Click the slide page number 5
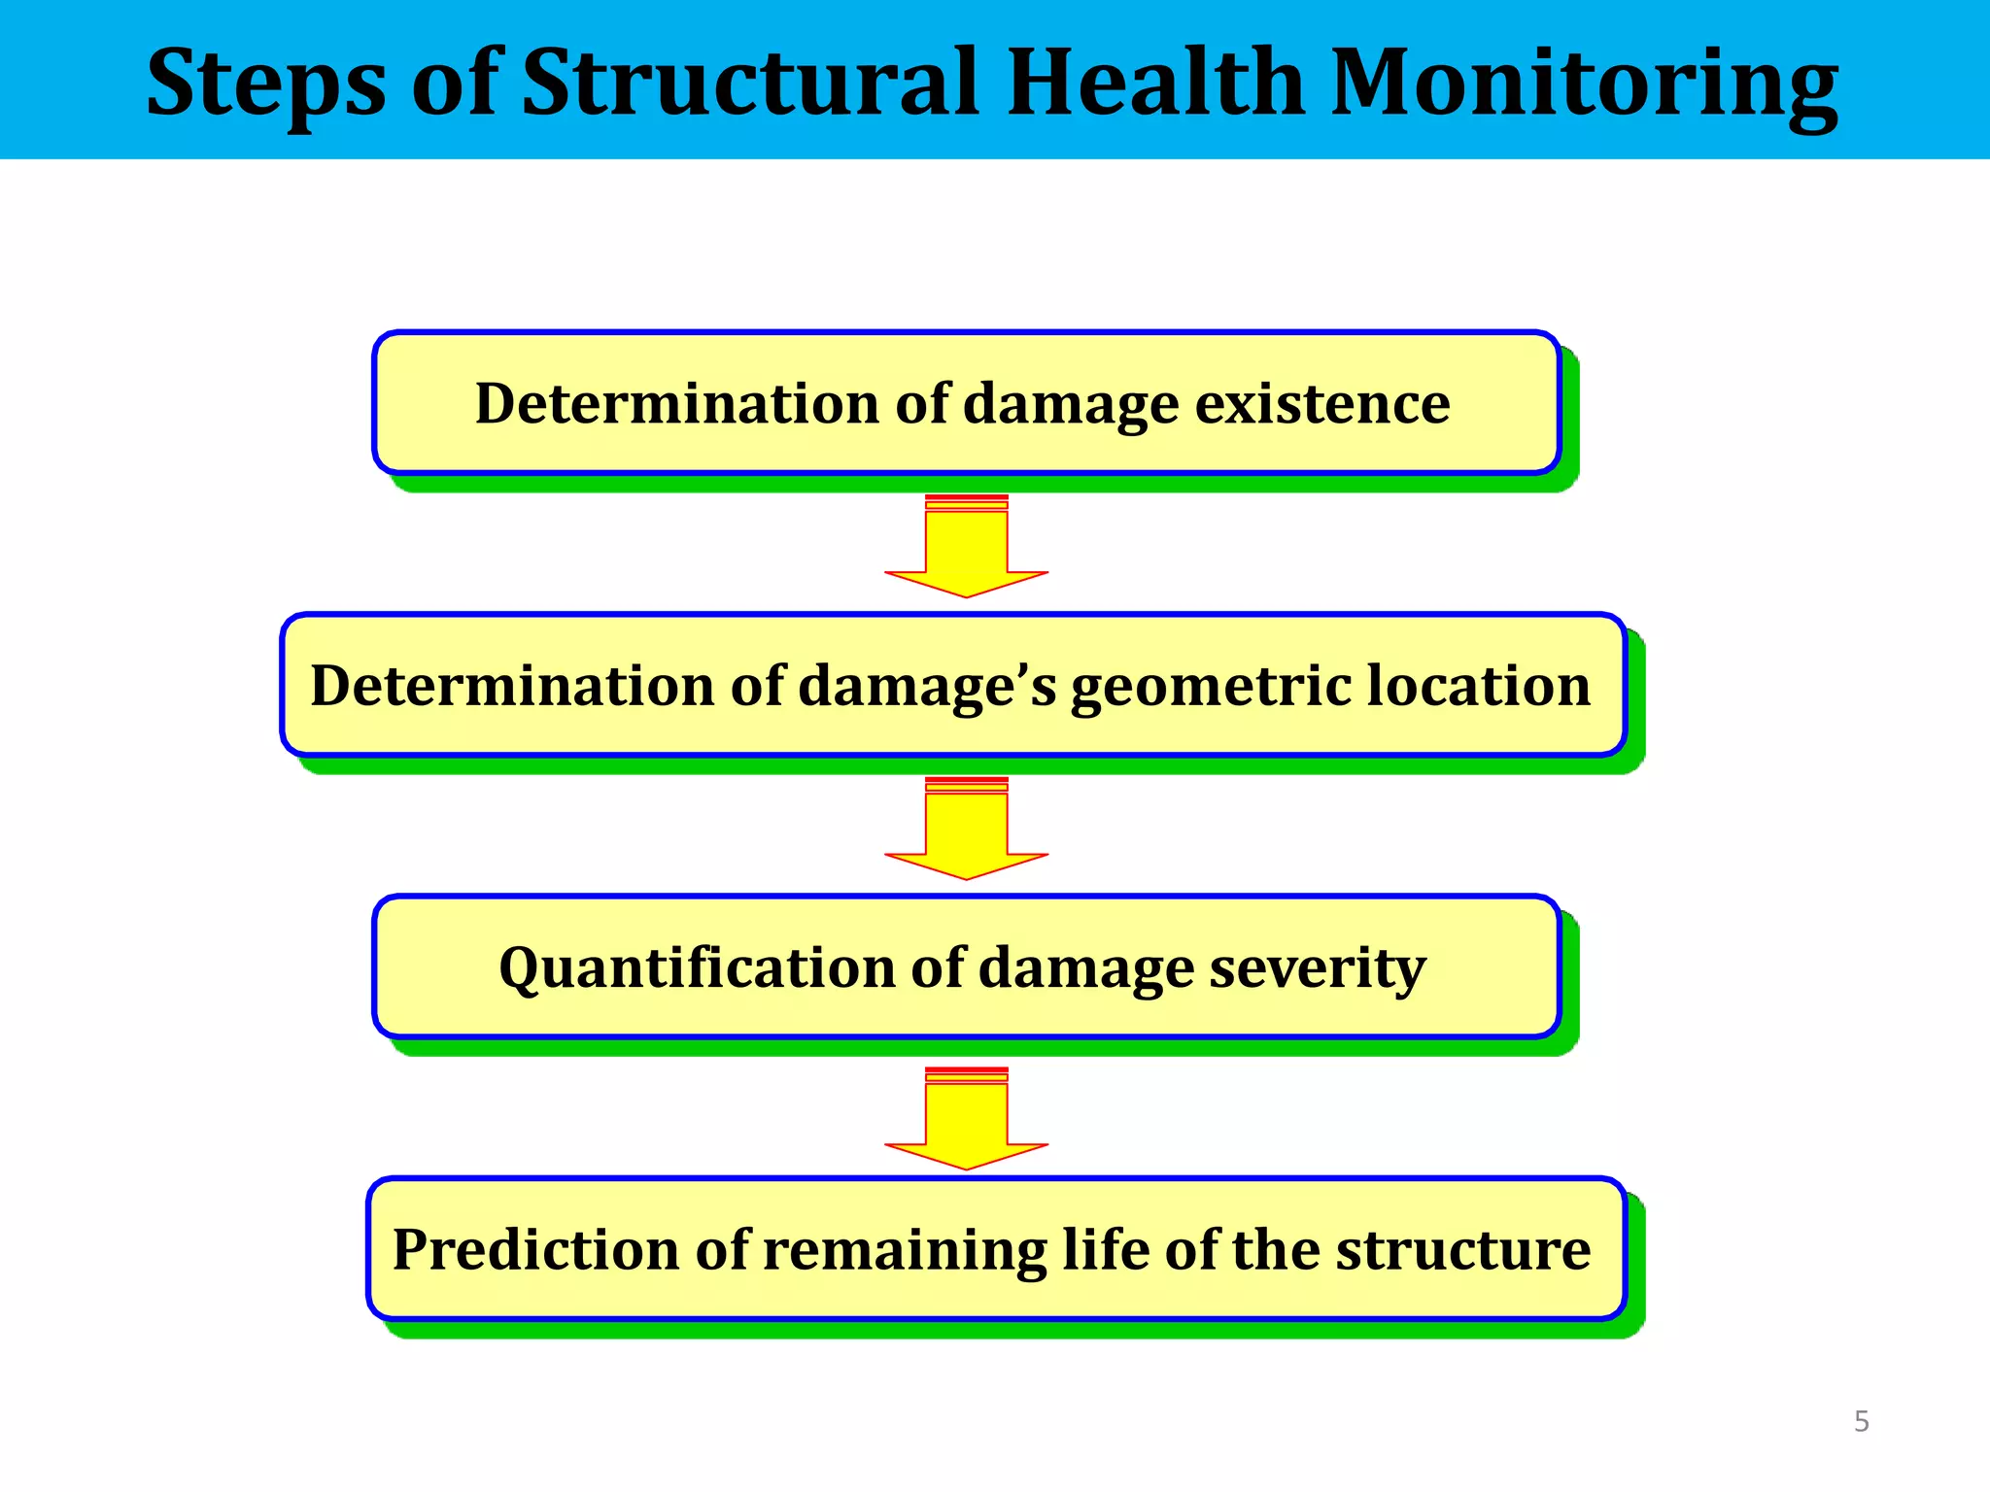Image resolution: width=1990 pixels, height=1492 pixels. pos(1862,1422)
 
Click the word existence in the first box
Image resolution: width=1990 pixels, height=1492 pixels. pos(1322,403)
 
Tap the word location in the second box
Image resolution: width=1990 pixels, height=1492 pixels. pos(1479,685)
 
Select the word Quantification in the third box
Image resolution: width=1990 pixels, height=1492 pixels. pos(697,968)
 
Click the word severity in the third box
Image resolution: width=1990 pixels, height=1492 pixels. pos(1317,968)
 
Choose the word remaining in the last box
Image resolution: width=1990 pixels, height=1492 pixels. pos(905,1251)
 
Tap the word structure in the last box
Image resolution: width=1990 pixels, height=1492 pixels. pos(1462,1249)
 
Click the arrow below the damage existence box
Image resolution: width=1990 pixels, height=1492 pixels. pos(967,549)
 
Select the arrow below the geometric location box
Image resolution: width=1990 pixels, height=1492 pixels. pos(967,831)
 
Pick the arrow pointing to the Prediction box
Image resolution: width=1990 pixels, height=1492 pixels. pos(967,1121)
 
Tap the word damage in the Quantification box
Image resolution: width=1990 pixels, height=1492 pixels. pos(1085,968)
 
